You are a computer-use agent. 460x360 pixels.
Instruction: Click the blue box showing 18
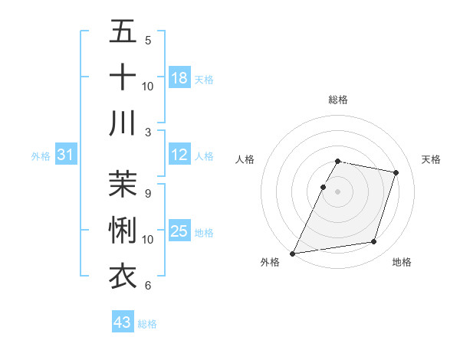coord(179,77)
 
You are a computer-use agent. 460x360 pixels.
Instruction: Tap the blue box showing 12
coord(179,155)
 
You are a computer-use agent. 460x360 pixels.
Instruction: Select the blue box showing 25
coord(179,231)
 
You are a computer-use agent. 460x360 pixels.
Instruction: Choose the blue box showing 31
coord(65,155)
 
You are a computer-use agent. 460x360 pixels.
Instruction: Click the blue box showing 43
coord(123,322)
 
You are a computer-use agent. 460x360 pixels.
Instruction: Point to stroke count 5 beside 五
coord(148,40)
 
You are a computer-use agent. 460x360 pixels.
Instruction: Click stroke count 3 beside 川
coord(148,132)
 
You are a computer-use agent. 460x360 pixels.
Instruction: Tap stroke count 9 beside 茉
coord(148,194)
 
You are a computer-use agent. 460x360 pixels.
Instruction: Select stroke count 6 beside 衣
coord(148,285)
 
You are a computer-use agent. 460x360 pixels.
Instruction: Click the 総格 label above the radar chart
coord(338,100)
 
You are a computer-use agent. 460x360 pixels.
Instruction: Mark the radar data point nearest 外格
coord(293,253)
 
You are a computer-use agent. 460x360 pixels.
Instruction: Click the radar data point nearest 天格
coord(396,172)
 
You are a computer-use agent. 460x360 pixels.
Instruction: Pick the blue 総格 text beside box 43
coord(147,324)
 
